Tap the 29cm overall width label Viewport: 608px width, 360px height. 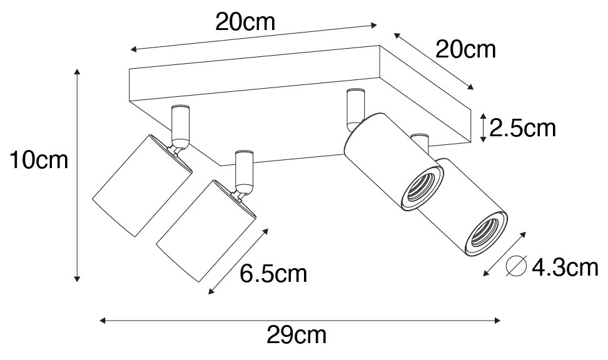(x=296, y=336)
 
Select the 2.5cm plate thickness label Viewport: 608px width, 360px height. (x=523, y=129)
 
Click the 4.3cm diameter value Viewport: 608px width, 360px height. (x=565, y=268)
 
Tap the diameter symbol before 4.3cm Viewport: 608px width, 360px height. (x=516, y=267)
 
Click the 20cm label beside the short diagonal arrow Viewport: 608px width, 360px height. (x=465, y=49)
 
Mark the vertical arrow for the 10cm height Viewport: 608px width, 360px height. (x=77, y=174)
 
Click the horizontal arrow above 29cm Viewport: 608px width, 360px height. (x=300, y=321)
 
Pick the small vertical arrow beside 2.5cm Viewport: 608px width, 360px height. (x=482, y=127)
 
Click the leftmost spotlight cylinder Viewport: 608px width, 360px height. (x=141, y=185)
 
